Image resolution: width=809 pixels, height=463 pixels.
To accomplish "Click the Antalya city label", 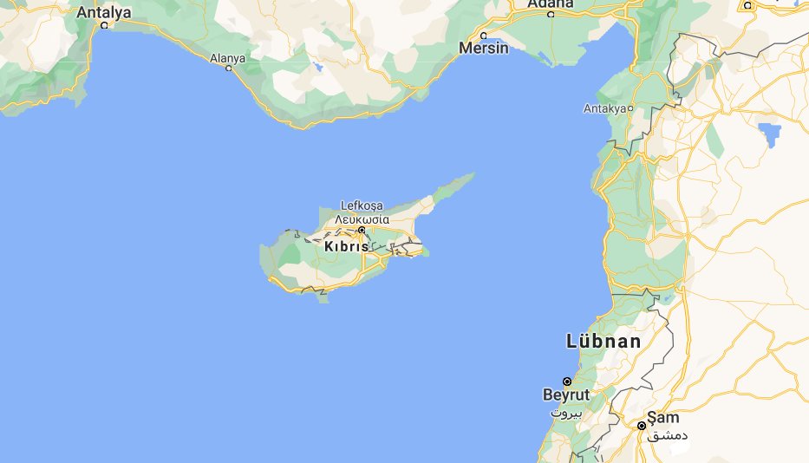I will click(103, 12).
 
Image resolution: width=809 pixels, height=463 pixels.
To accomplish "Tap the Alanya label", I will click(228, 58).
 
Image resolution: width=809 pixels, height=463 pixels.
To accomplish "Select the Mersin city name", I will click(485, 48).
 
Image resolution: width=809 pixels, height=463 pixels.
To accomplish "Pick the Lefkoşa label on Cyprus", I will click(362, 205).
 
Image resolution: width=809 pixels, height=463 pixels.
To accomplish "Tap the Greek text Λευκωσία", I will click(362, 218).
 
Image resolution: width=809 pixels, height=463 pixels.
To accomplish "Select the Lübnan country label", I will click(604, 341).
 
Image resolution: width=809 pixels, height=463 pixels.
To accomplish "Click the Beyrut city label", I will click(565, 395).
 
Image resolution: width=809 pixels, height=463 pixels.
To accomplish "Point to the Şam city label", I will click(662, 417).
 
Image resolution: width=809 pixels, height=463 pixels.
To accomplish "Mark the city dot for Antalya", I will click(104, 25).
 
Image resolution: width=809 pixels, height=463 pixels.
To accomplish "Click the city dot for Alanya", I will click(229, 68).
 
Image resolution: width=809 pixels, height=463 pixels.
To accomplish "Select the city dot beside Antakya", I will click(630, 108).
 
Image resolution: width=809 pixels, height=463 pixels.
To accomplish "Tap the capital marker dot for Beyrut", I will click(567, 381).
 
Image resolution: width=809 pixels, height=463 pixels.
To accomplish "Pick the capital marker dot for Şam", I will click(642, 426).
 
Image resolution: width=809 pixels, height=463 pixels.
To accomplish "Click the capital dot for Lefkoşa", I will click(362, 230).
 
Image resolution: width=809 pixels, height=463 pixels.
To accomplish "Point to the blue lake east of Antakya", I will click(767, 133).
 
